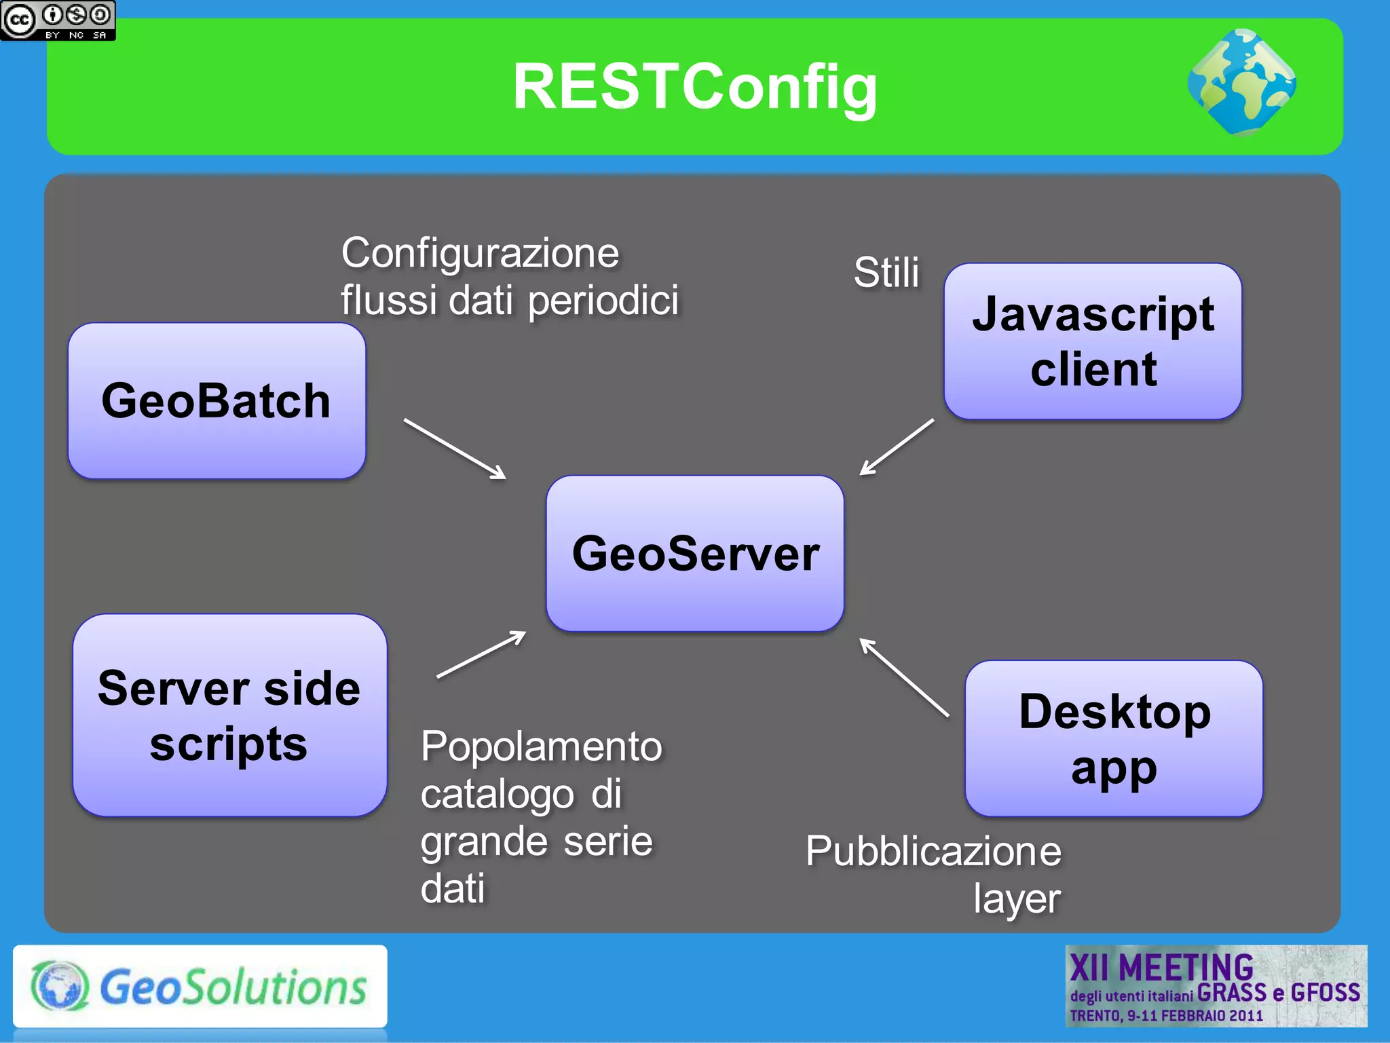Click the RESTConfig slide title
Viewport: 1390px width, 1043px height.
point(694,87)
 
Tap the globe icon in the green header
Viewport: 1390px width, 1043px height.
point(1241,82)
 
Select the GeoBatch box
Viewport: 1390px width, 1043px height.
point(217,400)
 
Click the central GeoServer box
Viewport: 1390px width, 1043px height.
point(695,553)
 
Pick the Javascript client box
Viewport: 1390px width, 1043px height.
point(1093,341)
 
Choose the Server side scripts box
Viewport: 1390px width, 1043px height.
point(229,715)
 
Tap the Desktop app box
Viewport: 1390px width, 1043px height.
point(1114,738)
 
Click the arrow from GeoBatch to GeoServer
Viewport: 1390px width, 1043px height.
point(455,449)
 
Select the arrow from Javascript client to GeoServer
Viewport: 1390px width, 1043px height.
point(897,447)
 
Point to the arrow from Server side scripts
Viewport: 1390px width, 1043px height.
point(481,655)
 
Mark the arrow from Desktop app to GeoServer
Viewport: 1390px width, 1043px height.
point(904,677)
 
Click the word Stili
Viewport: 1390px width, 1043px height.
point(886,273)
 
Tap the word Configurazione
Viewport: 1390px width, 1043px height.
point(480,254)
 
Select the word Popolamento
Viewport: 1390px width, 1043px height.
point(541,747)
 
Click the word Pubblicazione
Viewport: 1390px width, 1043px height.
point(933,852)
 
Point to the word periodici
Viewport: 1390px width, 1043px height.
point(603,301)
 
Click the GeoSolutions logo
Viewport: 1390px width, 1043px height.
point(200,986)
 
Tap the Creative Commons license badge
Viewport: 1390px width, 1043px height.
point(58,20)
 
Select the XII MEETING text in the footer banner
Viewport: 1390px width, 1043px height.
point(1161,967)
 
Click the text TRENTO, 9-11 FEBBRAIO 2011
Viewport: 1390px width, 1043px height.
point(1166,1016)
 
